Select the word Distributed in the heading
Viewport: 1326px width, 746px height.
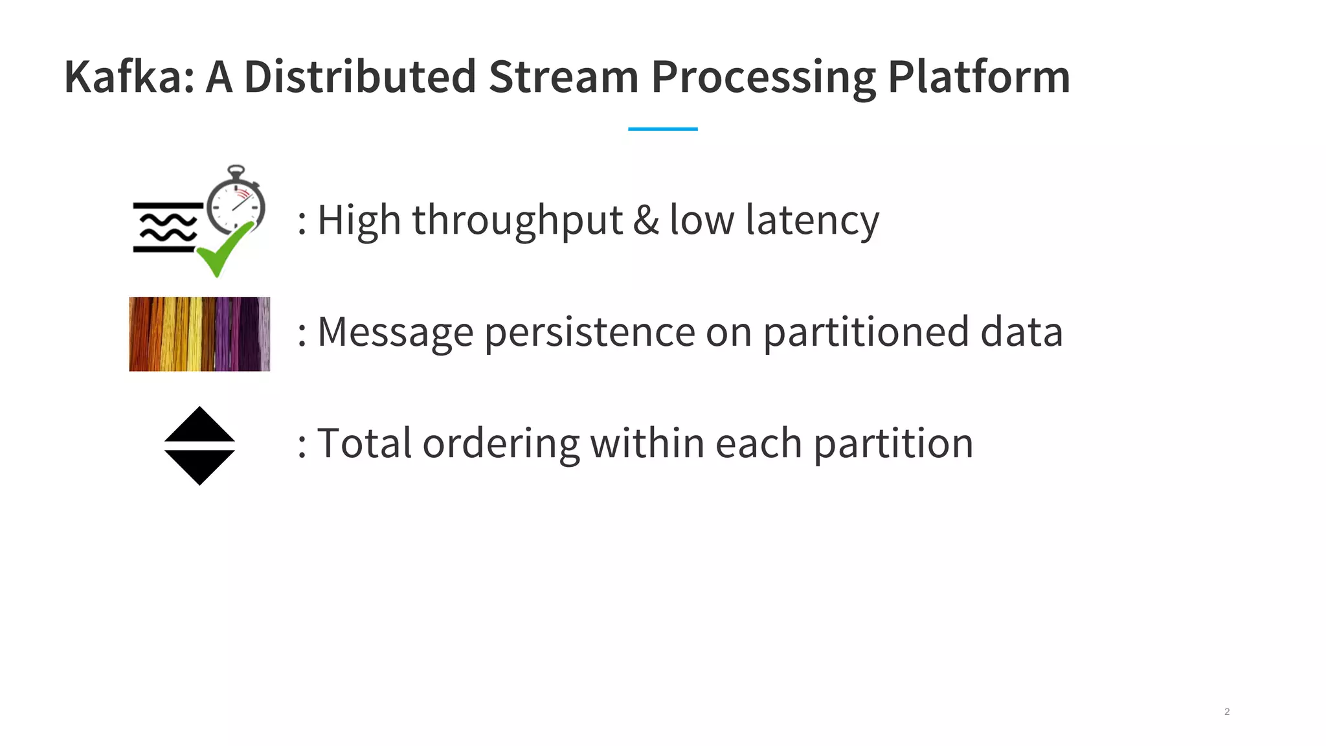(x=360, y=77)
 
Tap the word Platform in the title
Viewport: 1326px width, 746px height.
(x=978, y=77)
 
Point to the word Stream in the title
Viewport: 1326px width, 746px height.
(x=563, y=77)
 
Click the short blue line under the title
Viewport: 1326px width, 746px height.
(x=662, y=129)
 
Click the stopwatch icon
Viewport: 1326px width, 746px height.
(x=236, y=201)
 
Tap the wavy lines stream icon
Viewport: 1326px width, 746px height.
(x=167, y=227)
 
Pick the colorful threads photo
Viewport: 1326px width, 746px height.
(x=199, y=334)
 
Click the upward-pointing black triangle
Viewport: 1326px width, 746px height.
(x=199, y=426)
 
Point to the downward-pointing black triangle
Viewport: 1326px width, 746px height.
(x=199, y=466)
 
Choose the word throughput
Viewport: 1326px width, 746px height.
(x=517, y=221)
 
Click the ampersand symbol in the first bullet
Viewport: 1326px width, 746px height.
(x=646, y=220)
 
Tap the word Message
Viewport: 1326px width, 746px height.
(x=395, y=332)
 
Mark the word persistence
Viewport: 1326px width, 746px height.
(x=589, y=332)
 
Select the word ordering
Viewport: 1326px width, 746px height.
(x=501, y=445)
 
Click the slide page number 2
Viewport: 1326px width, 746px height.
(x=1226, y=712)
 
